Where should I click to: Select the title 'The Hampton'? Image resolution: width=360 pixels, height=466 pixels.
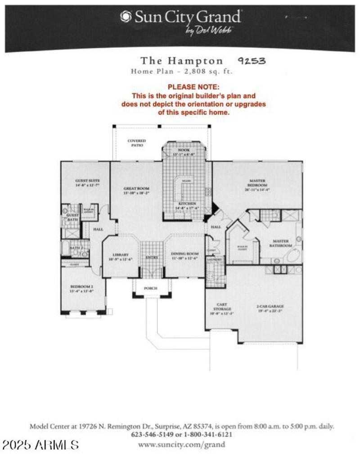click(181, 61)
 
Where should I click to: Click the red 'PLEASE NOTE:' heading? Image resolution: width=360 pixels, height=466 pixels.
click(193, 87)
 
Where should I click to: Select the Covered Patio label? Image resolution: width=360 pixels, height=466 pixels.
click(137, 143)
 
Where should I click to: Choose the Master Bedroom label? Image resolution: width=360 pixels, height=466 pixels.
click(258, 183)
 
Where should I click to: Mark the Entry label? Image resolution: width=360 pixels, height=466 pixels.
click(151, 258)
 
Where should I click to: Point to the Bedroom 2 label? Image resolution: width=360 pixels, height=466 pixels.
click(81, 288)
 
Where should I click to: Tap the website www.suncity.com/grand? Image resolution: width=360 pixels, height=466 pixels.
click(182, 444)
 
